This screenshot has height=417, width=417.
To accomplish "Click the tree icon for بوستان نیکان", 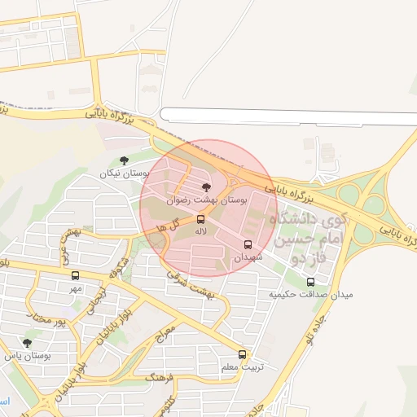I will coord(124,160).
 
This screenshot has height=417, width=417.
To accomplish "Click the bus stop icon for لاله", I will coord(200,219).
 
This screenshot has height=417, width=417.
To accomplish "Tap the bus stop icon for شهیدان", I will coord(248,244).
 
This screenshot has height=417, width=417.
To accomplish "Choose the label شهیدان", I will coord(249,257).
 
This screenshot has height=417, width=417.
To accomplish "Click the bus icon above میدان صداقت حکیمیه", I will coord(310,282).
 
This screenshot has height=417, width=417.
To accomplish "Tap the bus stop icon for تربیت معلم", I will coord(242,353).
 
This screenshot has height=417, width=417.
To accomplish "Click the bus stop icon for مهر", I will coord(76,275).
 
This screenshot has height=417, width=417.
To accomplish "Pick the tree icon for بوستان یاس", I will coord(28,343).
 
